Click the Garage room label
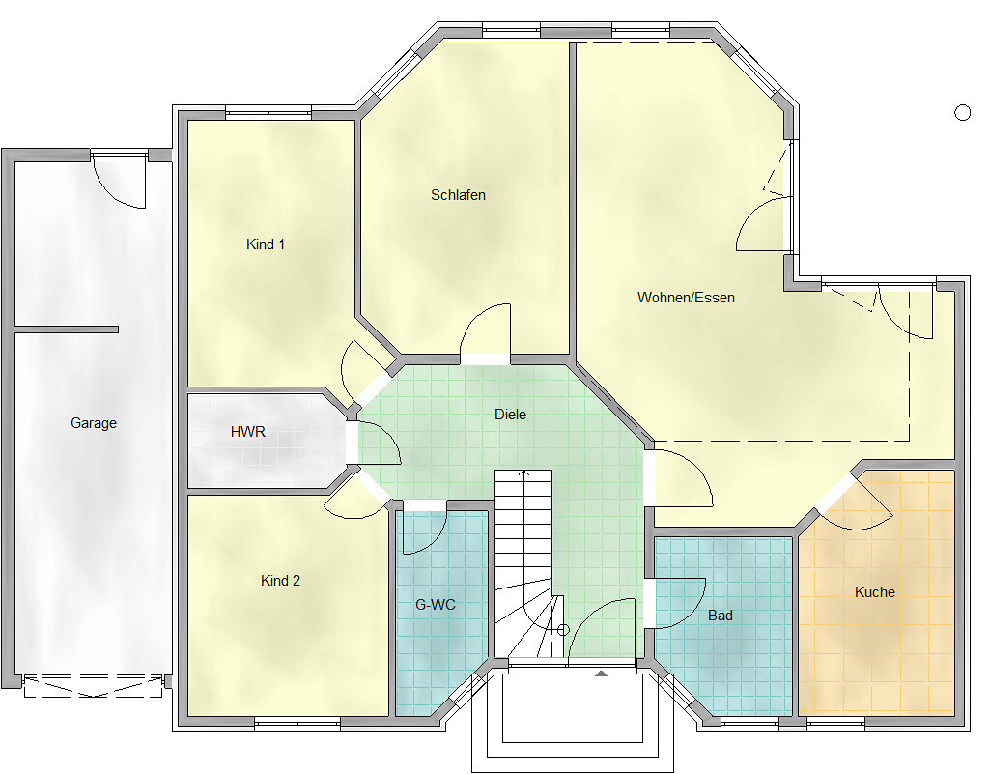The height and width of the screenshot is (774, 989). tap(94, 423)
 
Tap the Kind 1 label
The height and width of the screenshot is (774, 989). tap(266, 244)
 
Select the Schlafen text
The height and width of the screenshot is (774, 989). tap(458, 195)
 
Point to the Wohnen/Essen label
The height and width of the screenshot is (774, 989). tap(686, 297)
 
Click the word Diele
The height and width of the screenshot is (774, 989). tap(510, 415)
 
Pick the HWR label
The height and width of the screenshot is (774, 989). tap(248, 432)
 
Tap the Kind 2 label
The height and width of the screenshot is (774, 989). tap(281, 581)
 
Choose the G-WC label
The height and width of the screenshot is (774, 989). tap(436, 605)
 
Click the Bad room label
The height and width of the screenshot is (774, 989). tap(721, 615)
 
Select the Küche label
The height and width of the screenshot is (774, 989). tap(875, 591)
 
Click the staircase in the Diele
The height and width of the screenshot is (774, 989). tap(523, 563)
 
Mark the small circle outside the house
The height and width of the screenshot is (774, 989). tap(963, 113)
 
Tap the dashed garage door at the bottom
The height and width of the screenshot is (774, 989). tap(94, 686)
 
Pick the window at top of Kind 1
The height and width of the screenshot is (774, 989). tap(268, 115)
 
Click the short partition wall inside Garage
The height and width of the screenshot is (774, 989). tap(67, 330)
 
